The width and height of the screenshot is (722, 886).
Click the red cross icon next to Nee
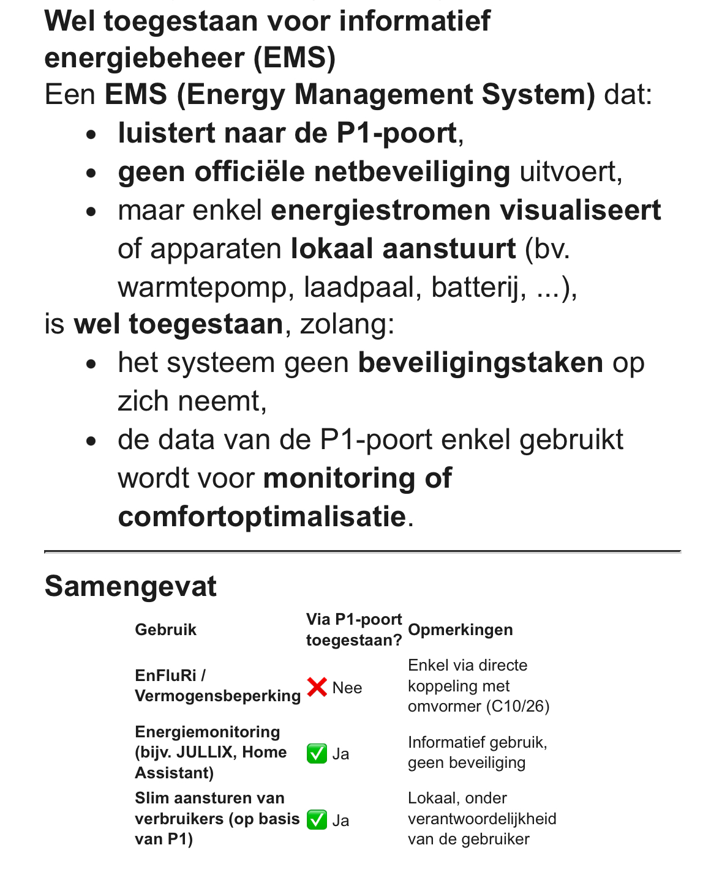click(317, 687)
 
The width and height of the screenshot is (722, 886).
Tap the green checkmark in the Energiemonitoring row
click(317, 753)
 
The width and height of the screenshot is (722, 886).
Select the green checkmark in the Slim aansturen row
click(317, 819)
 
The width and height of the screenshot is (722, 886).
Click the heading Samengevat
click(130, 586)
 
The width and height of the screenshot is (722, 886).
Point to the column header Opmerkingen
click(460, 630)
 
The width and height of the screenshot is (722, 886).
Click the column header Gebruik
click(165, 630)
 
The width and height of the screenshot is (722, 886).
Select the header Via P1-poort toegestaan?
click(353, 630)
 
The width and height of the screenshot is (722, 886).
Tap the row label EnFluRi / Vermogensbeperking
click(217, 686)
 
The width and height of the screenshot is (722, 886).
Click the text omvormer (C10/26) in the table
click(478, 707)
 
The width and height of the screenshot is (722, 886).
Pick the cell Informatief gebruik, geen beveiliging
click(477, 753)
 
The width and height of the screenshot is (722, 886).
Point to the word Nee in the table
click(347, 688)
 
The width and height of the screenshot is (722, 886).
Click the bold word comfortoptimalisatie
click(261, 516)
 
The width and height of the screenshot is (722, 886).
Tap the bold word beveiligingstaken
click(480, 362)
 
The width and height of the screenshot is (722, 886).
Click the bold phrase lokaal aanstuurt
click(403, 248)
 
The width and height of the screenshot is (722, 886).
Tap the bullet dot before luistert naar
click(92, 133)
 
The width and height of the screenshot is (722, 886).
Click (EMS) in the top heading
click(295, 58)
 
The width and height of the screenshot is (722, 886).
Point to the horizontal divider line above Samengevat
click(363, 551)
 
